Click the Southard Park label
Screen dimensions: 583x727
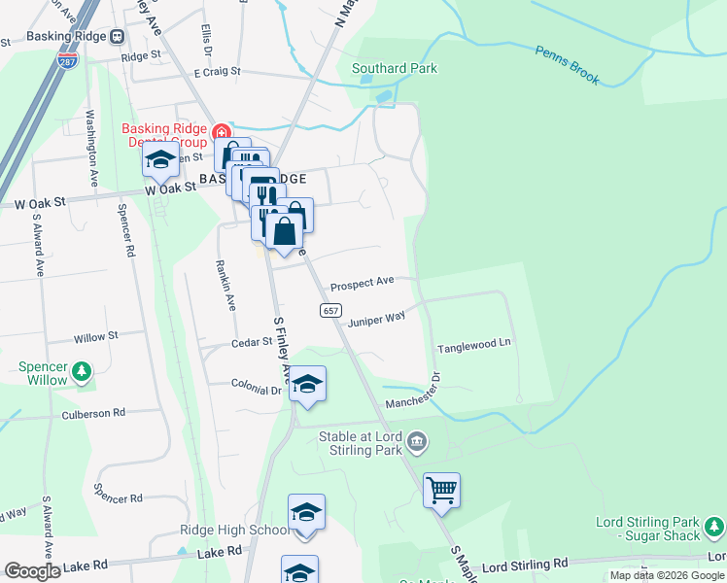[394, 68]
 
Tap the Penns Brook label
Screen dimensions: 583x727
[568, 64]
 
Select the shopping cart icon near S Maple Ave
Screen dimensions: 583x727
[441, 490]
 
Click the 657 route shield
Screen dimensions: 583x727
[329, 309]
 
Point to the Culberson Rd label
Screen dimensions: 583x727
[93, 413]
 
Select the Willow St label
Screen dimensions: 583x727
[95, 336]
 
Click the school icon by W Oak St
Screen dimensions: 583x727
[160, 161]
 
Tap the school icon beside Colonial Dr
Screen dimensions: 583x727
[307, 385]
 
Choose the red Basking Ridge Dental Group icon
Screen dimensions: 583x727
[223, 132]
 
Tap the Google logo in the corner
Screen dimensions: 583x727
[32, 571]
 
